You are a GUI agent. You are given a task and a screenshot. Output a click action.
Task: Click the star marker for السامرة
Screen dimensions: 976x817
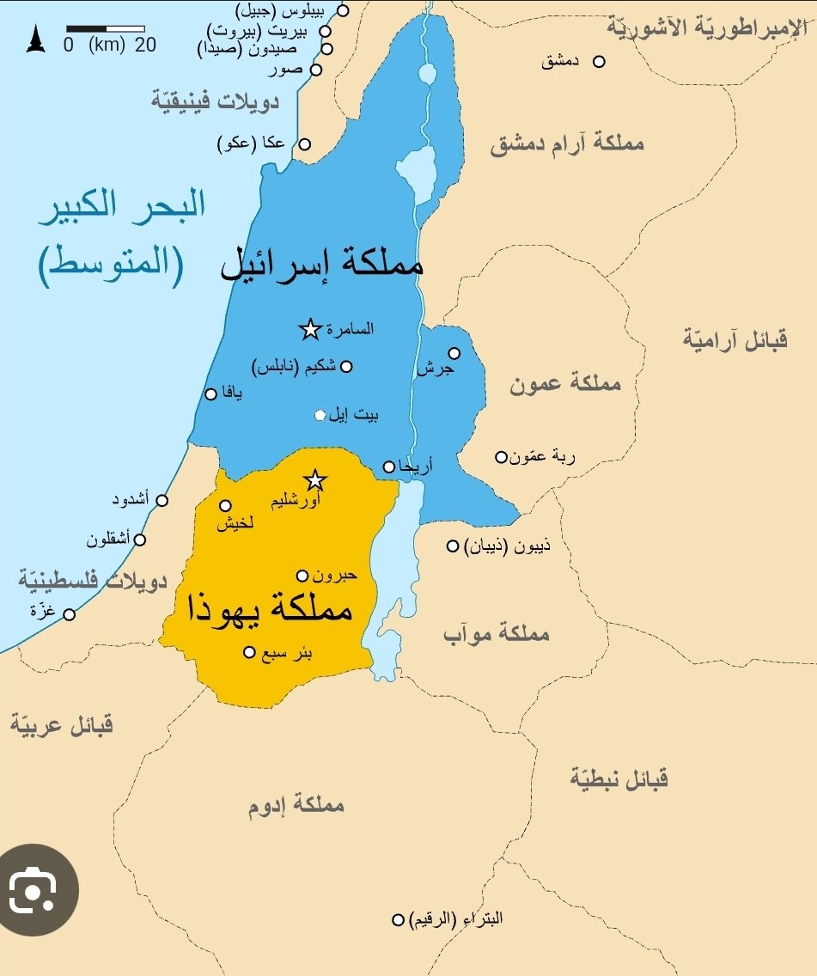tap(310, 329)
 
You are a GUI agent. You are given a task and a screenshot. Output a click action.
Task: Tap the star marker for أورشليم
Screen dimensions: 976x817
tap(315, 479)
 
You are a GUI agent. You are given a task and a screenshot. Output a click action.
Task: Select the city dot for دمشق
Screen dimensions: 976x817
tap(600, 62)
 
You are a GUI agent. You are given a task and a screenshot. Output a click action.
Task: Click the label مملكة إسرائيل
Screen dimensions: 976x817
tap(322, 262)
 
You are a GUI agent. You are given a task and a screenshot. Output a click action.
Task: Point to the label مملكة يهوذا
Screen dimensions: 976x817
tap(271, 610)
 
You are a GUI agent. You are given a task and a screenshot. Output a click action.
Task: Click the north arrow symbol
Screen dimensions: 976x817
tap(35, 40)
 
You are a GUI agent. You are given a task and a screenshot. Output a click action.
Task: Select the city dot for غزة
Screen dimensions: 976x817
tap(70, 613)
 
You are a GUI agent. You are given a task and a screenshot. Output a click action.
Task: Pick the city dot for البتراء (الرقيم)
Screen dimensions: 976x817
tap(398, 919)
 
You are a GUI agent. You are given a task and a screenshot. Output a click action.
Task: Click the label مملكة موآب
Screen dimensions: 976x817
tap(496, 634)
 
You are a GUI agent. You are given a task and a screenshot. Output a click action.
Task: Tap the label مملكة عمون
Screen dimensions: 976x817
tap(564, 384)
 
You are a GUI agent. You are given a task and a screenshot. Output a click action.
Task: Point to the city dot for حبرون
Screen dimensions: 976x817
tap(302, 576)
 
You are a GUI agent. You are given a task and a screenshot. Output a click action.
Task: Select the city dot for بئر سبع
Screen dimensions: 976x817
tap(249, 652)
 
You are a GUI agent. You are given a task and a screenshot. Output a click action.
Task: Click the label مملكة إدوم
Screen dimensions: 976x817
tap(296, 806)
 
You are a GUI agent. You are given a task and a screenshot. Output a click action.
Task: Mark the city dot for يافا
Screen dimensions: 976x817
tap(210, 393)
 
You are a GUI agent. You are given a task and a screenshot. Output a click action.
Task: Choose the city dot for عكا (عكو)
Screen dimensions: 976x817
tap(304, 144)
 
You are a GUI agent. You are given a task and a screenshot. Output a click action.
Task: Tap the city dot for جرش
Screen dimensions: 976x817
tap(454, 353)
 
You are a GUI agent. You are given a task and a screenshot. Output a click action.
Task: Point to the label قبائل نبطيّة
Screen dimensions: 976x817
tap(619, 779)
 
